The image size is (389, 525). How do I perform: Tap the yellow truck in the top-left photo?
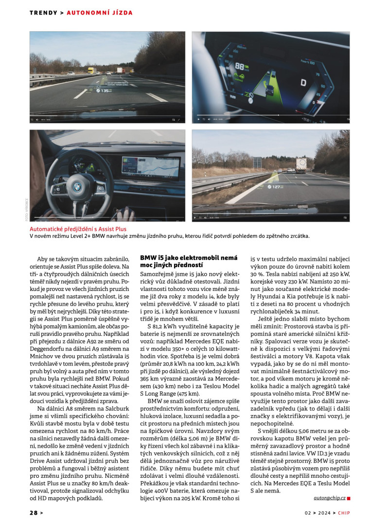[90, 70]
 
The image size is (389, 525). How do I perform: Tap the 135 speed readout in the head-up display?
[105, 91]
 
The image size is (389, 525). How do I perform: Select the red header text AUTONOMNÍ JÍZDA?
[99, 12]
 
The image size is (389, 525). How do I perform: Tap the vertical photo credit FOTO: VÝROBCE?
[27, 204]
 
